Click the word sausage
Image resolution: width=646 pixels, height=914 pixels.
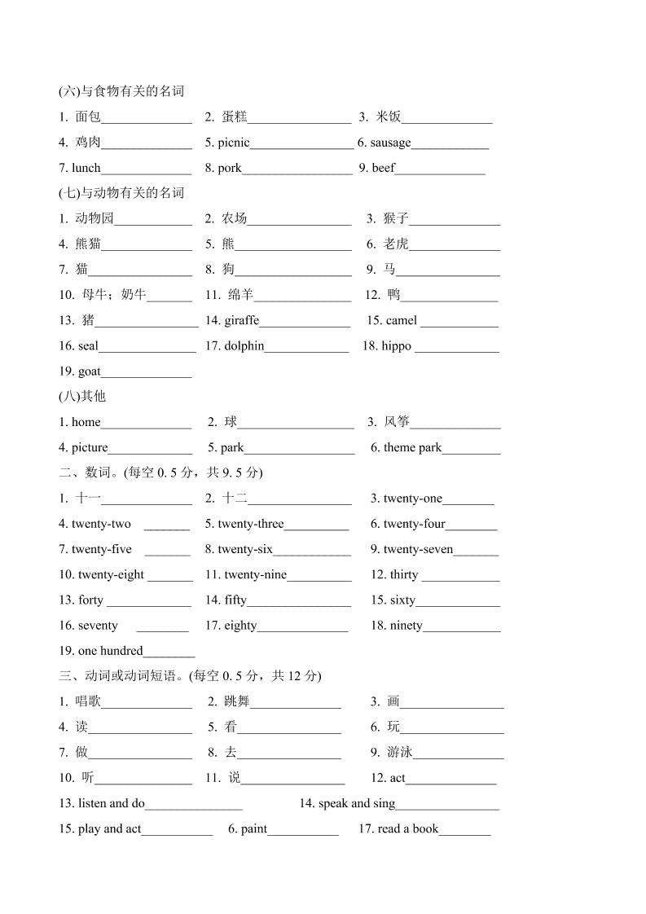[x=390, y=143]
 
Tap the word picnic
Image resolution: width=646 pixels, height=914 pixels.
[x=234, y=143]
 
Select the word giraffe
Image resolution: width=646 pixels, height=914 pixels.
[x=241, y=320]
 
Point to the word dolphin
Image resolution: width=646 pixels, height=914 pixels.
[x=244, y=345]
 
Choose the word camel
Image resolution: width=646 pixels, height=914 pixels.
[x=402, y=320]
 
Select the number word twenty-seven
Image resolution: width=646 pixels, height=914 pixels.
[x=419, y=549]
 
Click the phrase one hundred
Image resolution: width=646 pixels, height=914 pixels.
[x=110, y=651]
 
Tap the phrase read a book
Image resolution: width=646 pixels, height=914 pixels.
[x=408, y=828]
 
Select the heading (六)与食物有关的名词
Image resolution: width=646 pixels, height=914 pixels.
[x=121, y=91]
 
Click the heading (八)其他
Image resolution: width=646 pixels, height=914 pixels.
[x=82, y=397]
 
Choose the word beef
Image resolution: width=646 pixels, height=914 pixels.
[x=384, y=168]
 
